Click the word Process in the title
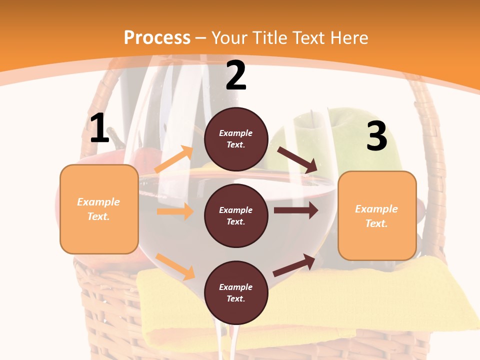click(157, 37)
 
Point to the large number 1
click(99, 128)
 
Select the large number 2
click(236, 76)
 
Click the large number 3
click(376, 136)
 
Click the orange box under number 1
click(99, 209)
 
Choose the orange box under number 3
click(377, 215)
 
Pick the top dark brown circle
click(236, 139)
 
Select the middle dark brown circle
click(236, 216)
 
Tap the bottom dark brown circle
click(236, 293)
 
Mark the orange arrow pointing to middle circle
click(175, 211)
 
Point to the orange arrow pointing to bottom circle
click(175, 266)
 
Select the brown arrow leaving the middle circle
click(296, 210)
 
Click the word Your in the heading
click(227, 37)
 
